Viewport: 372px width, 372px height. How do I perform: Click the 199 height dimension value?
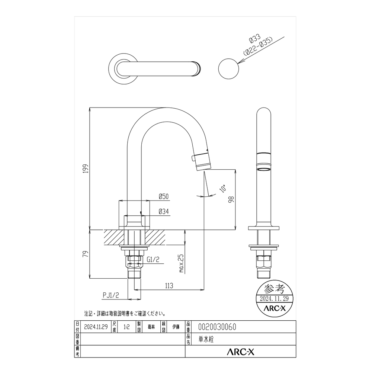pyautogui.click(x=86, y=169)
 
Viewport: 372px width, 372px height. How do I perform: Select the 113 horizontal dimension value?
pyautogui.click(x=169, y=285)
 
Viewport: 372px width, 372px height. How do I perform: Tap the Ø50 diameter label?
pyautogui.click(x=164, y=196)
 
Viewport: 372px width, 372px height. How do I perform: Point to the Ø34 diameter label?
pyautogui.click(x=164, y=211)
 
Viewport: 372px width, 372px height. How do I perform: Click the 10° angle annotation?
pyautogui.click(x=223, y=189)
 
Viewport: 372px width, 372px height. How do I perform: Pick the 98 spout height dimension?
pyautogui.click(x=231, y=199)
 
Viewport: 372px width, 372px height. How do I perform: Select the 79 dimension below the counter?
pyautogui.click(x=86, y=254)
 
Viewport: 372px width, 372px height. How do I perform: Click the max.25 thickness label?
pyautogui.click(x=182, y=263)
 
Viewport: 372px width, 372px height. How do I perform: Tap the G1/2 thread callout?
pyautogui.click(x=153, y=260)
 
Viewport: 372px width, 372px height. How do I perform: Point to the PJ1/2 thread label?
pyautogui.click(x=111, y=295)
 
